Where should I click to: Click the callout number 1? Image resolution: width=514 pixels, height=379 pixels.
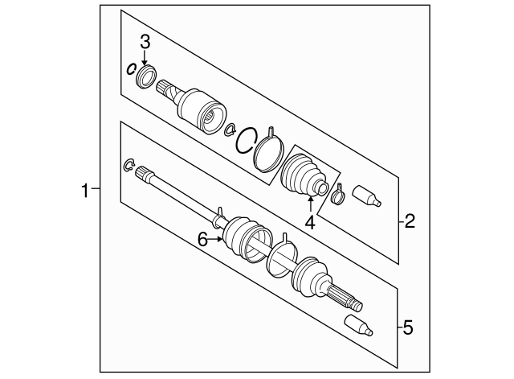tap(84, 191)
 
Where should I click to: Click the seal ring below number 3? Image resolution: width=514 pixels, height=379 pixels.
tap(146, 76)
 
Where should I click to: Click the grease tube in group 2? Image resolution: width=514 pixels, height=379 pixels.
tap(365, 196)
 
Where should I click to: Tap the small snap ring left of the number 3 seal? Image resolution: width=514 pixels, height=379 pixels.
tap(131, 68)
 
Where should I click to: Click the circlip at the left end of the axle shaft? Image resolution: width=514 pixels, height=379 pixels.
tap(128, 167)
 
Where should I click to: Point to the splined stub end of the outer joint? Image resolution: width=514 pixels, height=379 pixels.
tap(345, 299)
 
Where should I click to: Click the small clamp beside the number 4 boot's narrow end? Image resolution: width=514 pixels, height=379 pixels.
tap(337, 192)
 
